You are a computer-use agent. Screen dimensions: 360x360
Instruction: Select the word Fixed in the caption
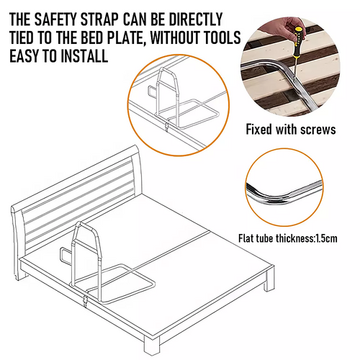pos(262,130)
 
